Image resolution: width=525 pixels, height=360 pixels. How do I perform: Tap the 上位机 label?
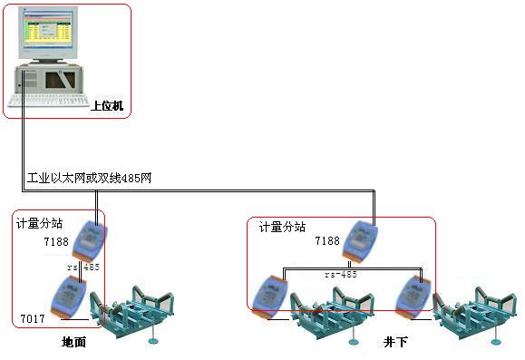tap(106, 105)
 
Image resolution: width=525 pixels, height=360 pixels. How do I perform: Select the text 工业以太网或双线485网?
tap(90, 178)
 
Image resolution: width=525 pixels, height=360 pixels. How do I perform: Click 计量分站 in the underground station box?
tap(282, 227)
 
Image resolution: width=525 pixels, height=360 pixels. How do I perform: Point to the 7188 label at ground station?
tap(56, 243)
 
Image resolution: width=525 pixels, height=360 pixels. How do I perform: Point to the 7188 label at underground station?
tap(326, 242)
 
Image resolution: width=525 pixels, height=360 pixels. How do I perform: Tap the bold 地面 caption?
tap(73, 342)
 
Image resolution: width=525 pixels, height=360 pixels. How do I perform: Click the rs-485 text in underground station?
tap(341, 274)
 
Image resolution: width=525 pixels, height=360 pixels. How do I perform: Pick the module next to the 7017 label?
tap(70, 297)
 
